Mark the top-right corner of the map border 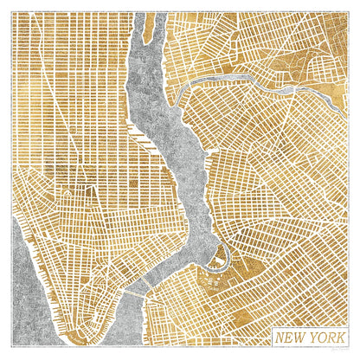349,11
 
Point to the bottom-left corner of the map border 11,349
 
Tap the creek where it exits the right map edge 347,96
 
